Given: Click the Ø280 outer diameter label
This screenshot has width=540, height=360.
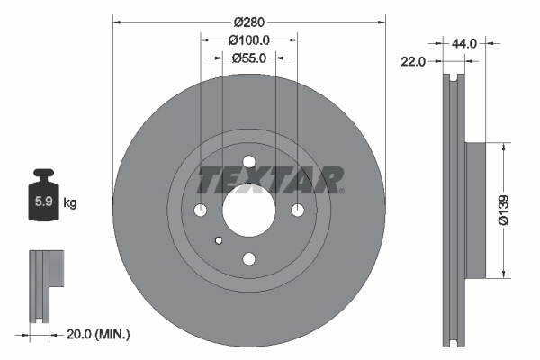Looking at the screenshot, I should (247, 21).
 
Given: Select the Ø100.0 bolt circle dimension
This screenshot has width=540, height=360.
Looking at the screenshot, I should (249, 40).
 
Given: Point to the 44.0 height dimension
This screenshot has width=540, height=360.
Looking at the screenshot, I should (464, 42).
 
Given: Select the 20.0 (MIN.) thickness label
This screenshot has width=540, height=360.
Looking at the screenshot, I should (99, 334).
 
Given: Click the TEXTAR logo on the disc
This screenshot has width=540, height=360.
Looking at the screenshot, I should (270, 179).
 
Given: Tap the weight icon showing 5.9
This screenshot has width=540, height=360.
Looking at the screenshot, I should (42, 200).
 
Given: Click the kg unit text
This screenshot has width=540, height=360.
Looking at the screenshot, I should (70, 203).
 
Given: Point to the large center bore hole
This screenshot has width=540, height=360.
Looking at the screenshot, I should (249, 211).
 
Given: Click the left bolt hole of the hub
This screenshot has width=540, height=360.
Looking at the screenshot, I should (201, 211).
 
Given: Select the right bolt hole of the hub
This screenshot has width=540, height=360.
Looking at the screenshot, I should (298, 211).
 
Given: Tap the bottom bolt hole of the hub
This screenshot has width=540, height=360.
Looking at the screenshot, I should (249, 259).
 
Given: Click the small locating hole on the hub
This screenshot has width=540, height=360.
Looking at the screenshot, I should (219, 239).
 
